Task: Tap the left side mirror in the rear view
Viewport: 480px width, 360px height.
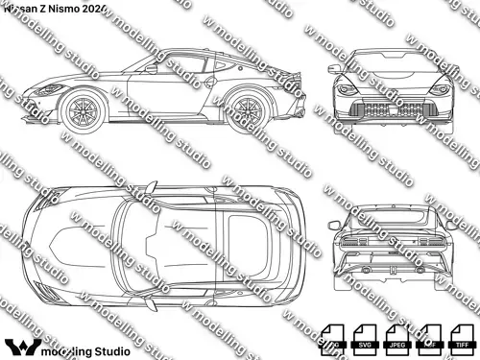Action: [x=332, y=224]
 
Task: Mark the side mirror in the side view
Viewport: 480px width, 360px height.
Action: [x=152, y=68]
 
